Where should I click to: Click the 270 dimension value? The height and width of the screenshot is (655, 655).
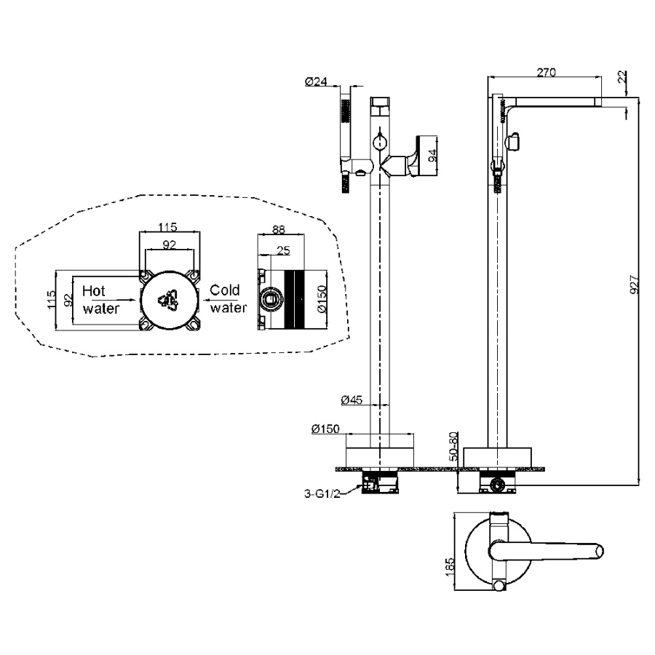pyautogui.click(x=546, y=72)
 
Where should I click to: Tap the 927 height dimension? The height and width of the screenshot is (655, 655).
pyautogui.click(x=634, y=285)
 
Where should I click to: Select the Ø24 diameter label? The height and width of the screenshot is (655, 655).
pyautogui.click(x=316, y=81)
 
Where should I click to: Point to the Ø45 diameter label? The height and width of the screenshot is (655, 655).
pyautogui.click(x=352, y=400)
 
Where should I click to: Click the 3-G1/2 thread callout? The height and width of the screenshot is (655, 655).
pyautogui.click(x=322, y=493)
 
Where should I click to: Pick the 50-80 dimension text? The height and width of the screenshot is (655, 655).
pyautogui.click(x=453, y=447)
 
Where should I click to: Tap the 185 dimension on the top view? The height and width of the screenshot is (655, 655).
pyautogui.click(x=450, y=567)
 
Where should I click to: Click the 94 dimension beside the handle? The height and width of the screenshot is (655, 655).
pyautogui.click(x=432, y=156)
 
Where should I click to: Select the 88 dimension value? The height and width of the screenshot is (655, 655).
pyautogui.click(x=279, y=229)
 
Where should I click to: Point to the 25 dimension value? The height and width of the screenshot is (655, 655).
pyautogui.click(x=283, y=250)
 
